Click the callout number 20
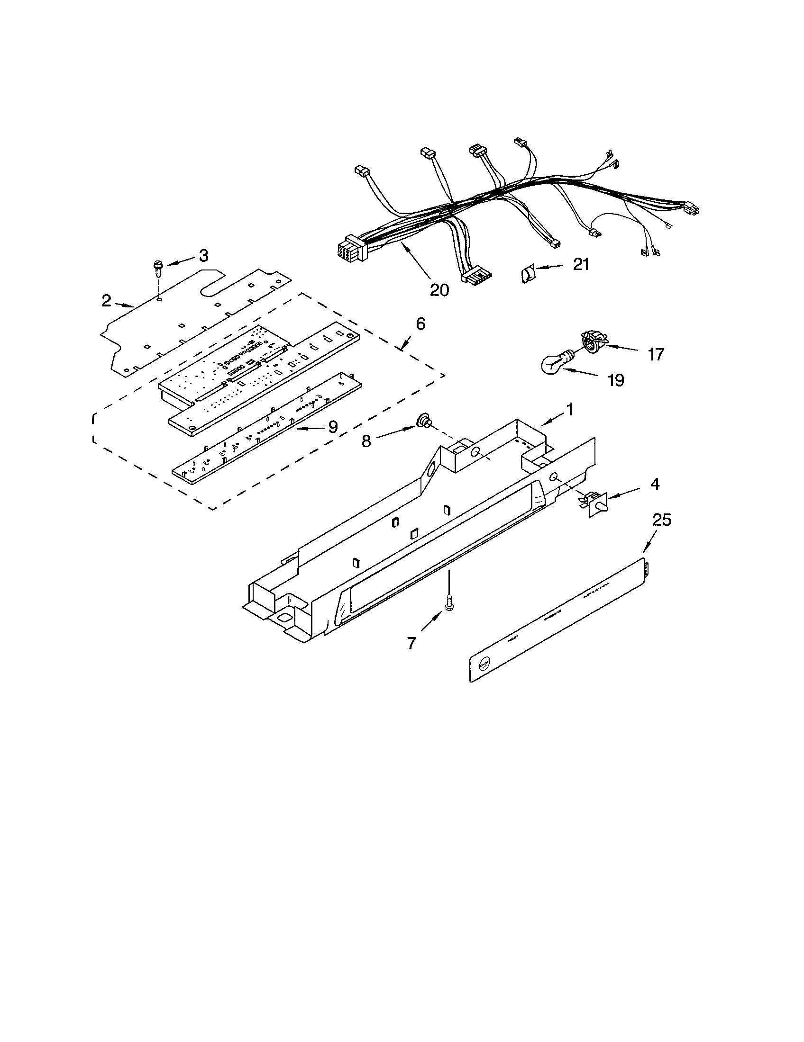pos(439,289)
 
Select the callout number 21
pos(581,264)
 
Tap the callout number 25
pos(662,520)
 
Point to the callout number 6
pos(420,324)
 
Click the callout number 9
pos(333,427)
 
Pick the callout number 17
pos(656,354)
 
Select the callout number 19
pos(616,380)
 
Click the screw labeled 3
pos(157,269)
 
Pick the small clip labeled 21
pos(527,274)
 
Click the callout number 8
pos(366,441)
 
